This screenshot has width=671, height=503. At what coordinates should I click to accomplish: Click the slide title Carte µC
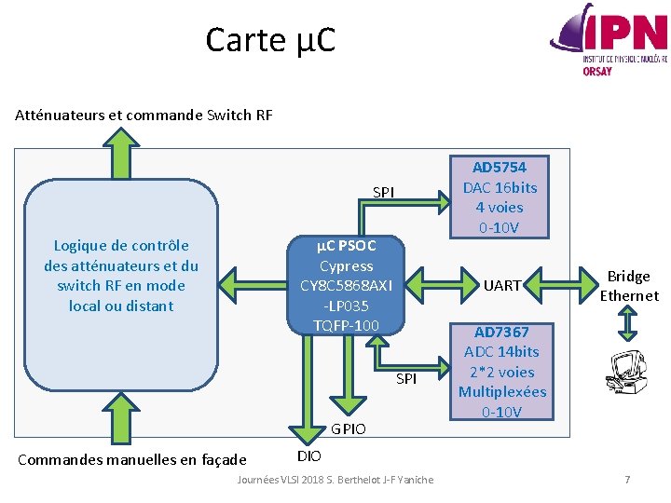pos(270,40)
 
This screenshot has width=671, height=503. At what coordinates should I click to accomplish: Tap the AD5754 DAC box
pos(500,197)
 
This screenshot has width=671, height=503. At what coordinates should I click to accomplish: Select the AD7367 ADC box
pos(501,372)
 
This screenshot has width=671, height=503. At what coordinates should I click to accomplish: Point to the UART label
pos(502,286)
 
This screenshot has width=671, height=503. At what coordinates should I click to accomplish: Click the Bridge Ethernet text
pos(628,286)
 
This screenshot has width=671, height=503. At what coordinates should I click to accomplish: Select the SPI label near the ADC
pos(406,378)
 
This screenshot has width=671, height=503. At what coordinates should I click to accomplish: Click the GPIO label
pos(349,429)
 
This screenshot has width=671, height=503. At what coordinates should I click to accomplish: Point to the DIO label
pos(308,455)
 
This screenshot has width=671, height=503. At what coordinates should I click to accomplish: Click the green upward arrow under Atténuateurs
pos(120,153)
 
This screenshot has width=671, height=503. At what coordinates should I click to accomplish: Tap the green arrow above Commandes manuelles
pos(120,415)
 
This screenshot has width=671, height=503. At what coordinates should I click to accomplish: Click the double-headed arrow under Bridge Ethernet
pos(628,324)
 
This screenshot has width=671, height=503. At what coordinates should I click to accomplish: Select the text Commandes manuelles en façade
pos(132,459)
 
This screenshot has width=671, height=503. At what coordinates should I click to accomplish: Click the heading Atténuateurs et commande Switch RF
pos(144,116)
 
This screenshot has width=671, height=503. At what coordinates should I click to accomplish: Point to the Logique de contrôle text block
pos(121,276)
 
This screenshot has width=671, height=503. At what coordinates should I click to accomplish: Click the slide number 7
pos(627,480)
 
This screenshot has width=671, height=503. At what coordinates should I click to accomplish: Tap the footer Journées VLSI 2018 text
pos(335,480)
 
